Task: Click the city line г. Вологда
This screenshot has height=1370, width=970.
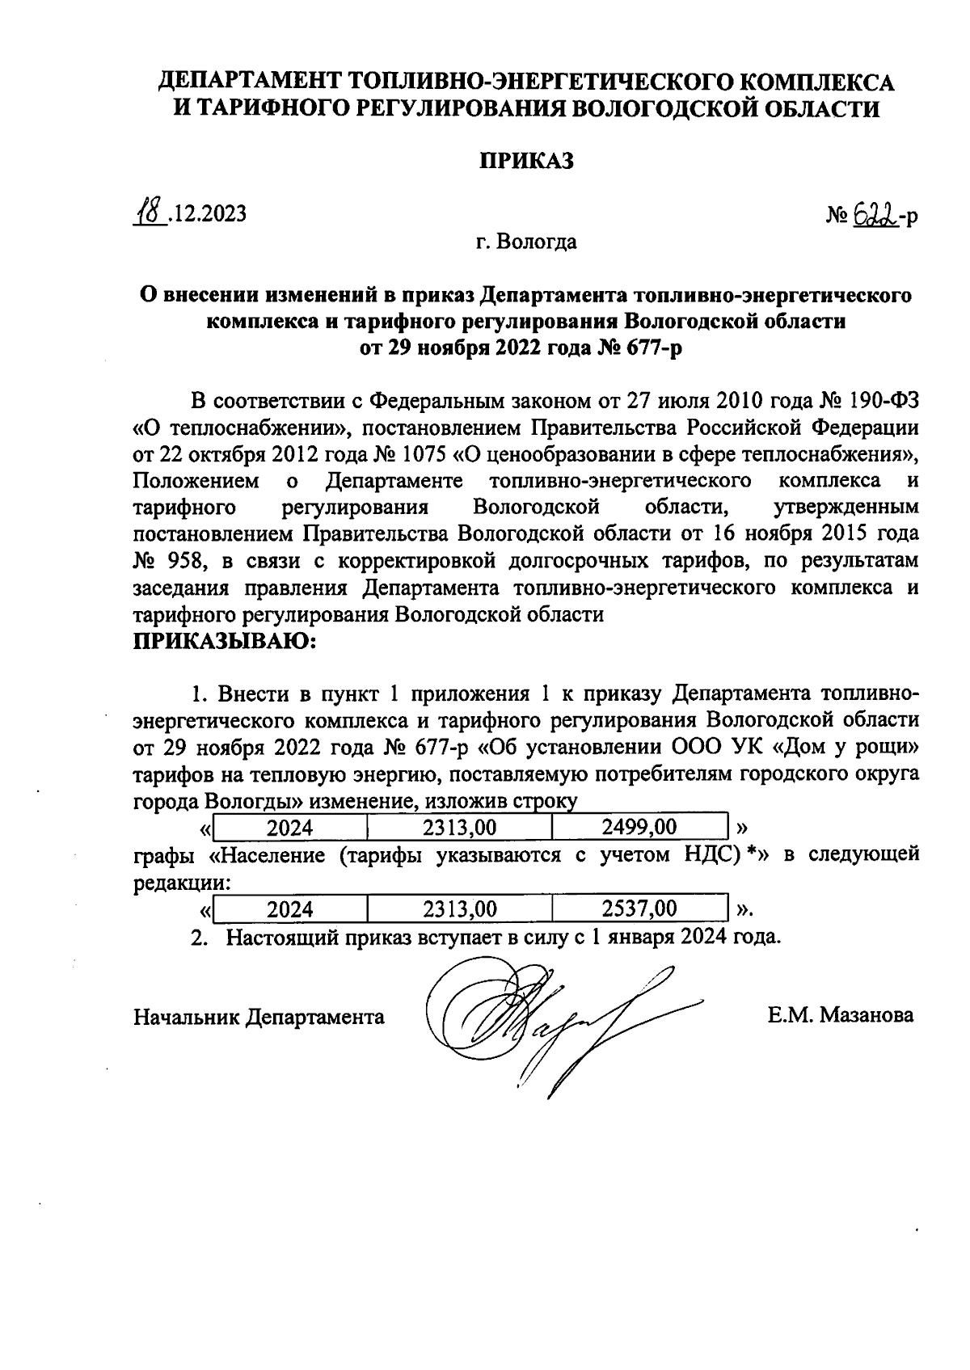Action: point(525,242)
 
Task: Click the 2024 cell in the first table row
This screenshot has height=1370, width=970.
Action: point(289,827)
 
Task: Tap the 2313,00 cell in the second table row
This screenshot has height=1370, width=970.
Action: point(459,908)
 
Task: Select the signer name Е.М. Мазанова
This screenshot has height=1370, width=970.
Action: point(841,1015)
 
